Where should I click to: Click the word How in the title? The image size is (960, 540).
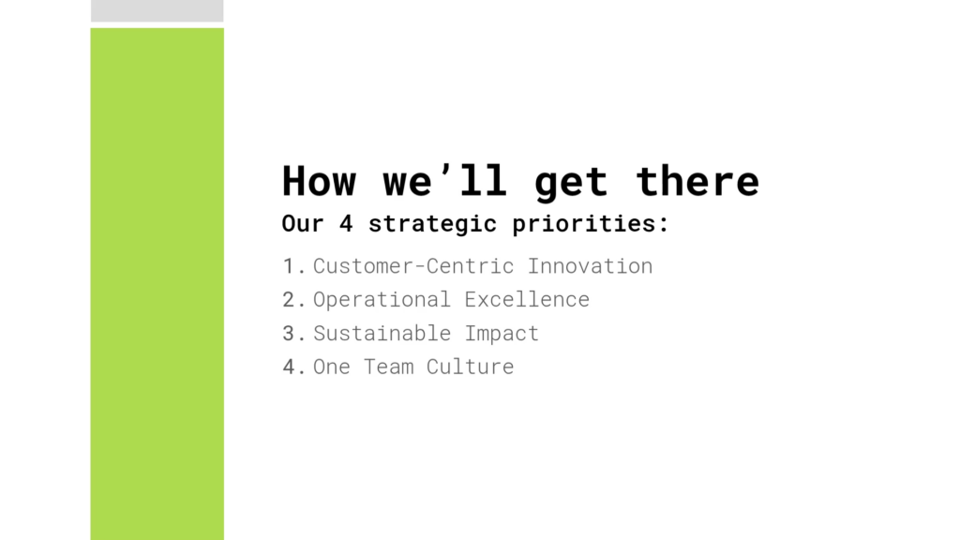[319, 181]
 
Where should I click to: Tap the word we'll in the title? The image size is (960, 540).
[445, 181]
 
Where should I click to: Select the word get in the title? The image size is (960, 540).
[571, 185]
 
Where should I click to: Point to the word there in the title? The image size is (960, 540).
[697, 181]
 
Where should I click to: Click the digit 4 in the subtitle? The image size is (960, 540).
[346, 223]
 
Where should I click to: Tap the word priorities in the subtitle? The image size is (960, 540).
[585, 224]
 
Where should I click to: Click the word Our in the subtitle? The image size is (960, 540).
[303, 223]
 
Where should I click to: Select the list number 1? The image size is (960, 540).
[290, 266]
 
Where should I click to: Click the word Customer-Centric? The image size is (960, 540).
[413, 266]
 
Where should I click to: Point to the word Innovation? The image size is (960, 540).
[591, 266]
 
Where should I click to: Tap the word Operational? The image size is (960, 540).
[382, 300]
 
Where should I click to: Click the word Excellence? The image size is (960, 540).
[527, 299]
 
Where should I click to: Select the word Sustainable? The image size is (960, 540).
[382, 333]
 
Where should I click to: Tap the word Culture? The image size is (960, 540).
[471, 367]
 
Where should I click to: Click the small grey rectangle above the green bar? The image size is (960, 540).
[157, 11]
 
